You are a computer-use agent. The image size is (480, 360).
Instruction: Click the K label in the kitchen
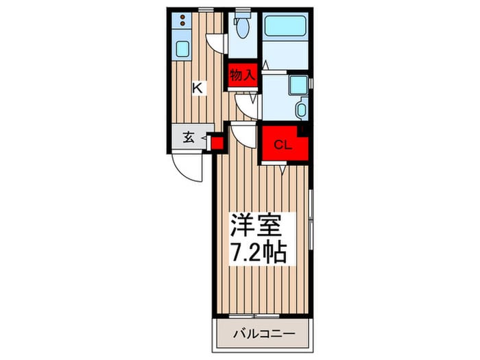(197, 88)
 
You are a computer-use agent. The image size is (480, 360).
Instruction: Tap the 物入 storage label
(242, 74)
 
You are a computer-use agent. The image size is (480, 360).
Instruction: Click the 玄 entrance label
(189, 137)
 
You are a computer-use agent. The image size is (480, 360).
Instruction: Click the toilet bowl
(241, 28)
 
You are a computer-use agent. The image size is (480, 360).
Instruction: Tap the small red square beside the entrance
(217, 143)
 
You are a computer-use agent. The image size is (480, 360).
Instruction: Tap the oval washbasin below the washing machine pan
(300, 108)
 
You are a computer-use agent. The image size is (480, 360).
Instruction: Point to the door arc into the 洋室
(242, 132)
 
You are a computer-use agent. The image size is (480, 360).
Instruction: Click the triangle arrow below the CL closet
(283, 169)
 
